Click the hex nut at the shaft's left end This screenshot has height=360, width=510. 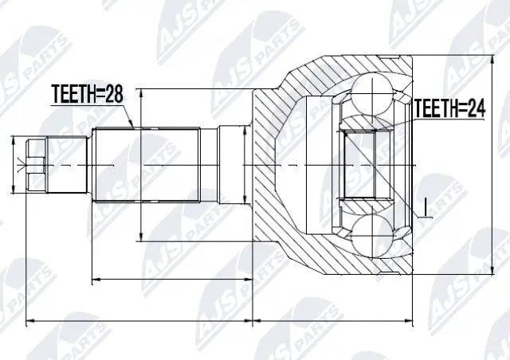(x=34, y=164)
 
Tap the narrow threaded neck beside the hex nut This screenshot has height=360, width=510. (x=68, y=164)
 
